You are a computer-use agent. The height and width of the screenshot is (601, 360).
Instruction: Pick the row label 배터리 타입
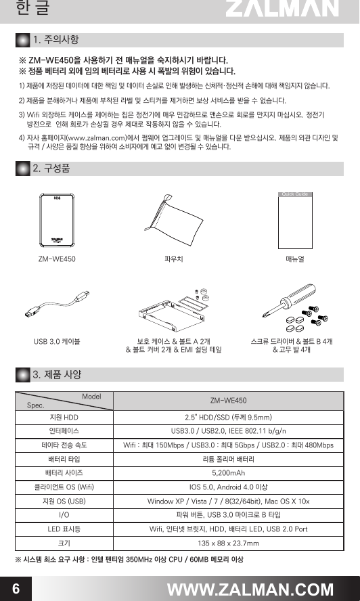[64, 458]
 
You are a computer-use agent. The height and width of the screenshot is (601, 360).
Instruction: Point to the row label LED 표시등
[64, 529]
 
